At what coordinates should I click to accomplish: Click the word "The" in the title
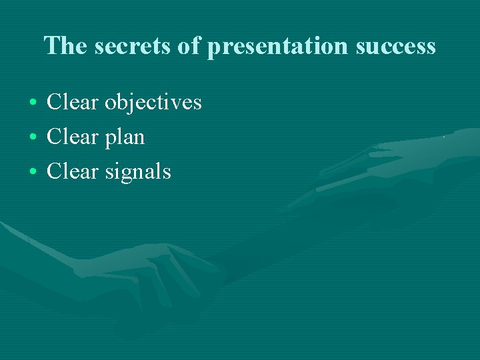(62, 45)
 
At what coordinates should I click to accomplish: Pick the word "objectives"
(153, 103)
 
